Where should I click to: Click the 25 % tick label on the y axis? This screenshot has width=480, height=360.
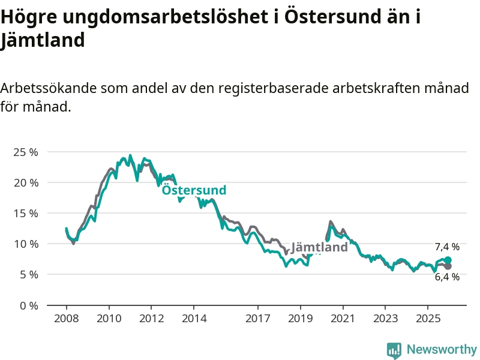(25, 152)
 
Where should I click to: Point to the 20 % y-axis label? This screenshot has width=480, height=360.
(25, 182)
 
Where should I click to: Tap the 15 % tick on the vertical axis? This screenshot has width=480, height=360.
(25, 213)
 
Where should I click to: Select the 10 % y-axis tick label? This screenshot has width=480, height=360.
(25, 244)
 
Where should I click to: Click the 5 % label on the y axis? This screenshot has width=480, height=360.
(28, 274)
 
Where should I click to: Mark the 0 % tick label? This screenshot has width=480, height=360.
(28, 305)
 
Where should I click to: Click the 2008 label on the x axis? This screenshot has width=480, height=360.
(66, 318)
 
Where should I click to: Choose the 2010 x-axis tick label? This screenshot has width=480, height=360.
(109, 318)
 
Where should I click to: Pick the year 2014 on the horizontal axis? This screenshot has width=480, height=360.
(194, 318)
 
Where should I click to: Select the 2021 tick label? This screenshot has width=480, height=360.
(343, 318)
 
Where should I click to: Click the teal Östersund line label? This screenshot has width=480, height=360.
(194, 190)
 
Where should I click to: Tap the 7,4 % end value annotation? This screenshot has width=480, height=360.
(447, 247)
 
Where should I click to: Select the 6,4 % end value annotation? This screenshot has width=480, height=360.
(447, 277)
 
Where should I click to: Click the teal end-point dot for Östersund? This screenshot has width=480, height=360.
(448, 260)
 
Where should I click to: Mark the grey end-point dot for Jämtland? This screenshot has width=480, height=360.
(448, 266)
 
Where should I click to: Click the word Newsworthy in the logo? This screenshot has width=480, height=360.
(442, 349)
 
